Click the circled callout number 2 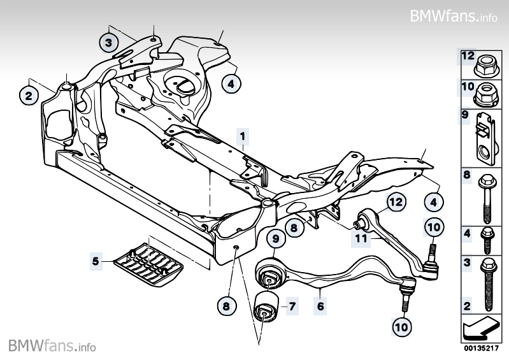coord(28,96)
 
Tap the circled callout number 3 coord(109,43)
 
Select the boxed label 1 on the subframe coord(242,136)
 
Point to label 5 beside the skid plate coord(96,261)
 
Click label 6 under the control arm coord(320,306)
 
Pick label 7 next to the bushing coord(291,306)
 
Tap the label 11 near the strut coord(360,240)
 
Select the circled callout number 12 coord(395,203)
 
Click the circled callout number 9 coord(276,240)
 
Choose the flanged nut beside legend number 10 coord(485,94)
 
